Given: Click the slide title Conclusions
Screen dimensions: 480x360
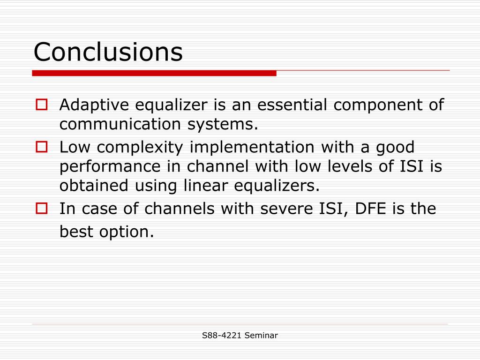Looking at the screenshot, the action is coord(108,52).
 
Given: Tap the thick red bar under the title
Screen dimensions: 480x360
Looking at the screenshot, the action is coord(154,73).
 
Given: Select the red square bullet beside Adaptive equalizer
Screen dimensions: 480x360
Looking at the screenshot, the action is coord(42,105).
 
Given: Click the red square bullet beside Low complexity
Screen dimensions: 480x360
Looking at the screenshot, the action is coord(42,147).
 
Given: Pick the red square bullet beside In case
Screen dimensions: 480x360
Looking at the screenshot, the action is coord(42,208).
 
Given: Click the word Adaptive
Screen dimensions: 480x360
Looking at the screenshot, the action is coord(94,105).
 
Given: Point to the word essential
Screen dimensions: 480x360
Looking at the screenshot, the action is coord(292,105).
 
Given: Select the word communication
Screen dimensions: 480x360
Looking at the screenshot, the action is coord(120,124).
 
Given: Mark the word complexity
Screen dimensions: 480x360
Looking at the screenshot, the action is coord(140,148).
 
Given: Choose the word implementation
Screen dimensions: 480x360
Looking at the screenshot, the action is coord(252,148).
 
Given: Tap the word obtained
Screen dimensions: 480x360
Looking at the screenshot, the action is coord(94,186).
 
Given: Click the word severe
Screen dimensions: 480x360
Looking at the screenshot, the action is coord(286,209).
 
